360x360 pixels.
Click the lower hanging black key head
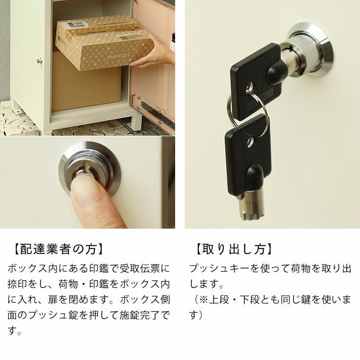pyautogui.click(x=246, y=151)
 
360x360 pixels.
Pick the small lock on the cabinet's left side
pyautogui.click(x=39, y=61)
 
